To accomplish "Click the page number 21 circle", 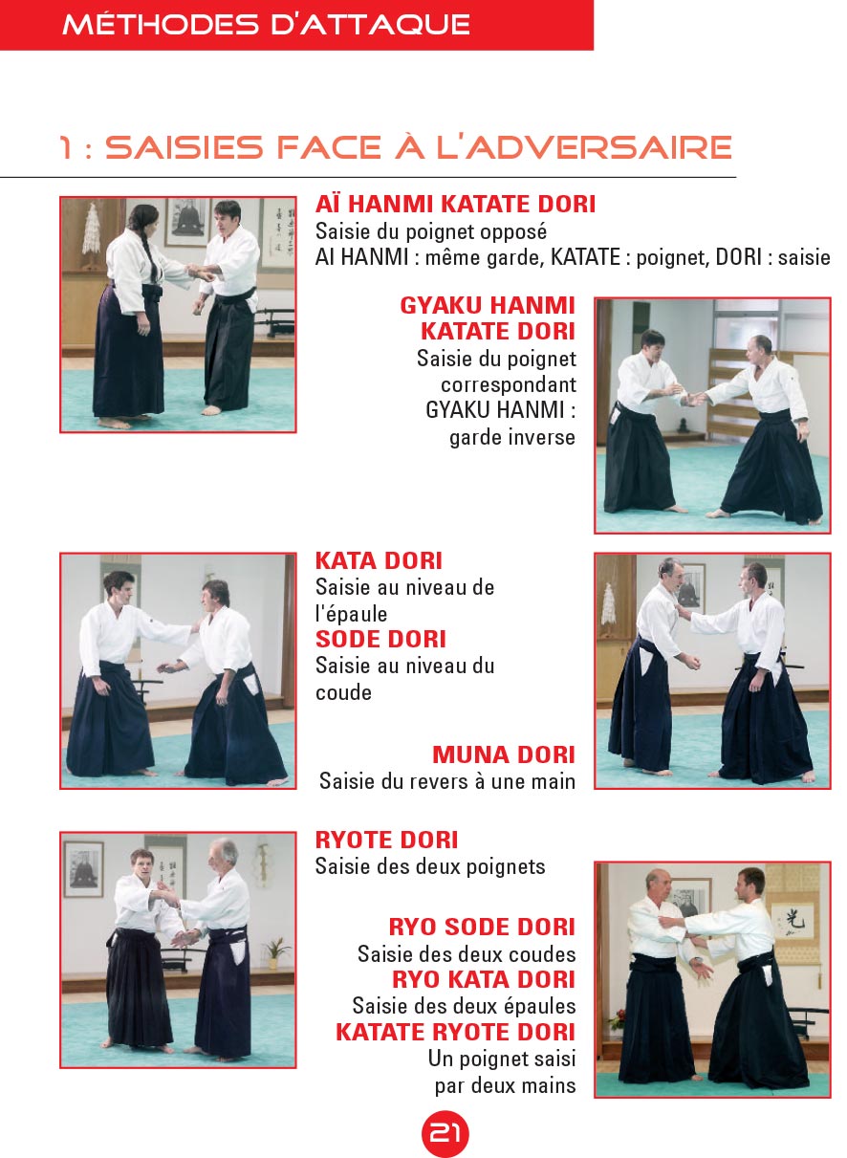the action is click(x=445, y=1133).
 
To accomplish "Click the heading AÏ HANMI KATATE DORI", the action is click(x=455, y=205).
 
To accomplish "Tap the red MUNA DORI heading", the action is click(x=504, y=754).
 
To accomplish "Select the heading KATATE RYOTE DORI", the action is click(x=455, y=1032).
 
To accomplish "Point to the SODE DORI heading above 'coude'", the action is click(x=380, y=639).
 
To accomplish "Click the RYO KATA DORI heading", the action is click(x=483, y=979).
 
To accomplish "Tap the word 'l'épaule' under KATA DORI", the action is click(x=351, y=614).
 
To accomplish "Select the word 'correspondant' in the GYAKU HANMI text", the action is click(x=508, y=384).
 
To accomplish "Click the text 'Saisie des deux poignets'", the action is click(x=430, y=866).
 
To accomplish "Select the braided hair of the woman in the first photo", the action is click(x=151, y=257).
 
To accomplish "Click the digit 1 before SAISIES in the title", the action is click(x=65, y=147).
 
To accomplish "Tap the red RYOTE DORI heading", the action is click(x=386, y=841).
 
